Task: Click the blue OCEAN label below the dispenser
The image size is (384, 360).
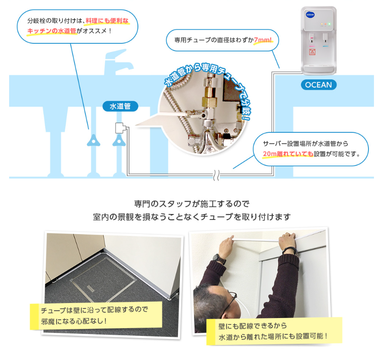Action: [x=319, y=85]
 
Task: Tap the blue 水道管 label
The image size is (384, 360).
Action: [x=120, y=106]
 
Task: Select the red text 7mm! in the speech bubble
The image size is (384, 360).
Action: [x=263, y=40]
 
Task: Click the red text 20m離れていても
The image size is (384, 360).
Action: [x=288, y=154]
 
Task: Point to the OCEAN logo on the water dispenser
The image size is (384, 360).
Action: [x=310, y=15]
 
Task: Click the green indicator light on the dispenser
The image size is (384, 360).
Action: [x=329, y=24]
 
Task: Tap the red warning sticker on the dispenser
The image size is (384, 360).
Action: [x=312, y=52]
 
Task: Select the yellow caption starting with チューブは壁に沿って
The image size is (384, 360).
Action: [x=96, y=315]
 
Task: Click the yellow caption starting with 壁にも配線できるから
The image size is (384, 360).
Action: [x=274, y=331]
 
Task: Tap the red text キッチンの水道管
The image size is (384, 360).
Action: [x=52, y=31]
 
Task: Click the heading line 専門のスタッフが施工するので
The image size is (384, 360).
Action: [x=192, y=203]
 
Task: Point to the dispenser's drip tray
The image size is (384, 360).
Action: [x=318, y=70]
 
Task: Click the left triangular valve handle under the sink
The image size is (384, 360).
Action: [x=94, y=141]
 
